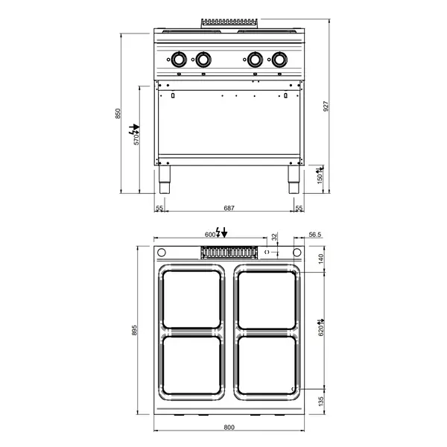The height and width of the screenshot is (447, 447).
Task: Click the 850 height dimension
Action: point(117,113)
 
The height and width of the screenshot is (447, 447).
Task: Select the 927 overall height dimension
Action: point(326,106)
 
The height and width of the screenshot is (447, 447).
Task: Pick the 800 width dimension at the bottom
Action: point(229,427)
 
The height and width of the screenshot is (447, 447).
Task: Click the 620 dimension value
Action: point(322,329)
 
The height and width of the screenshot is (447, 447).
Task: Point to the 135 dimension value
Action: point(323,403)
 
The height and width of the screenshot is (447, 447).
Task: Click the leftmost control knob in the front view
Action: point(180,59)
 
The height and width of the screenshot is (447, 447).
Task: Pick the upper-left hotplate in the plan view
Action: point(191,299)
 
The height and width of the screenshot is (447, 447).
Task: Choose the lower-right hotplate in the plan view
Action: point(266,365)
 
